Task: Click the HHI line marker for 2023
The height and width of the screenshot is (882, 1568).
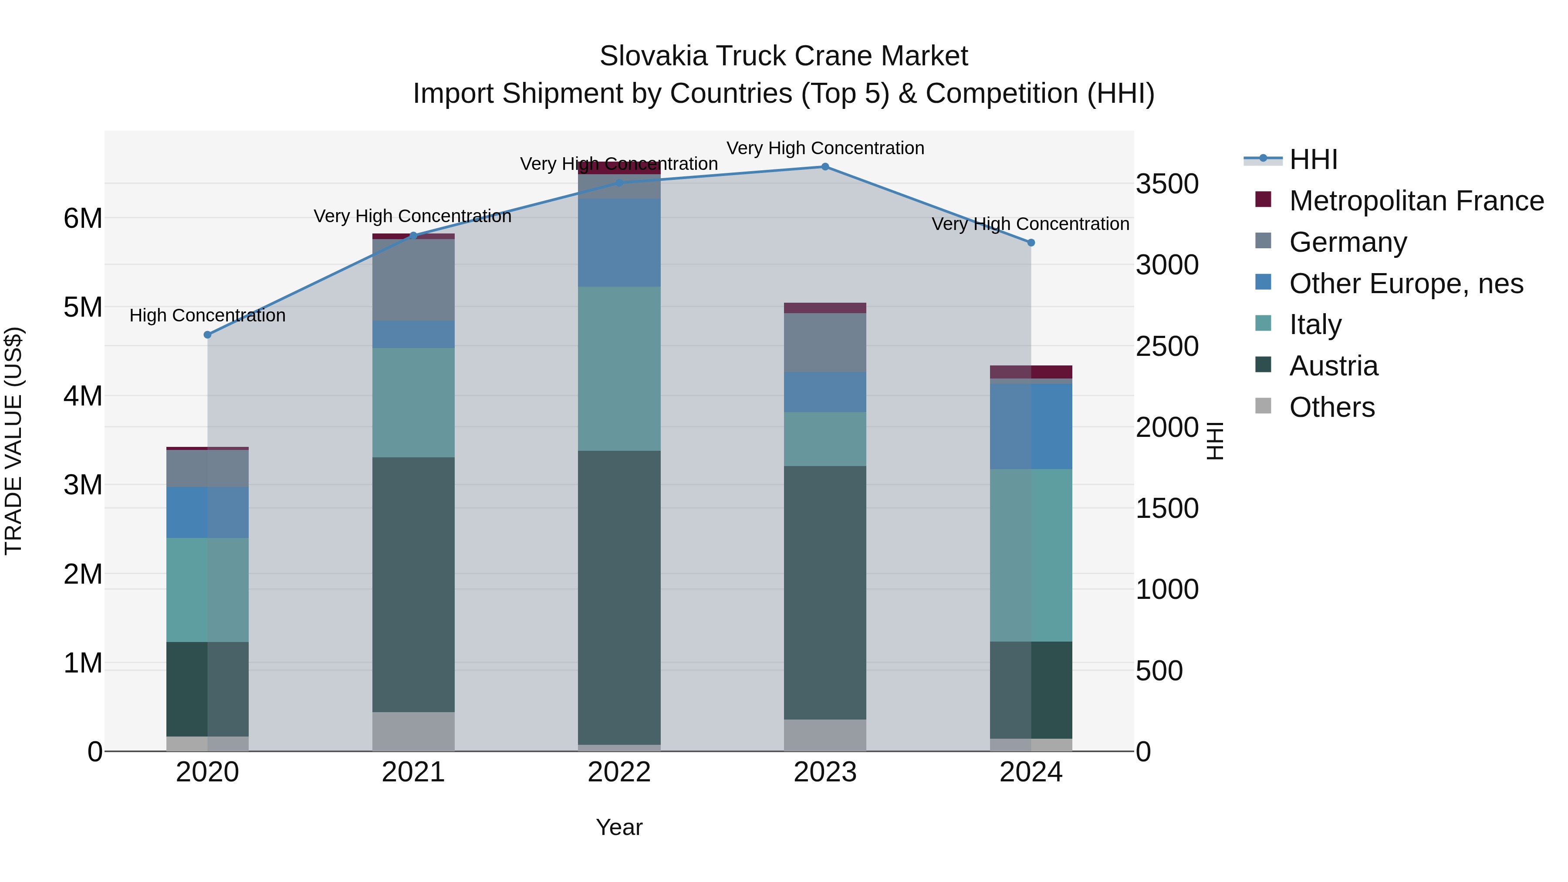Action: click(x=825, y=167)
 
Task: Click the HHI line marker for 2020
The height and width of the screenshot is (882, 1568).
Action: click(x=208, y=335)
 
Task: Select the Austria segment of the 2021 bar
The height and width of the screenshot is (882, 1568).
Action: click(x=413, y=585)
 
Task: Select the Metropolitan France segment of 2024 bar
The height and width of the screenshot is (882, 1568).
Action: click(x=1031, y=372)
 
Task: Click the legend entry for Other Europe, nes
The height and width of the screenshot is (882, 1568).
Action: click(x=1406, y=284)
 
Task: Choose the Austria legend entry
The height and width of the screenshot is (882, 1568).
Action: click(x=1333, y=366)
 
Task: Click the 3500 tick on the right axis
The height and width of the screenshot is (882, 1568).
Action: click(x=1167, y=184)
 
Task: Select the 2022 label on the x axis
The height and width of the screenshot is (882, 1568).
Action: click(x=619, y=772)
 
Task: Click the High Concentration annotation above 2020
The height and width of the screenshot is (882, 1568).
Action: click(x=208, y=315)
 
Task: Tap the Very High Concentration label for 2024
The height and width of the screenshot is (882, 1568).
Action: click(x=1031, y=224)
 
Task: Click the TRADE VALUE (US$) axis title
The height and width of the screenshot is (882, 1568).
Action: click(x=14, y=441)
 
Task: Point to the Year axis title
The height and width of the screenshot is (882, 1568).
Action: click(x=619, y=827)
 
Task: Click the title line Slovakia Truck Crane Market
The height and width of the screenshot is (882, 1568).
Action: click(x=784, y=56)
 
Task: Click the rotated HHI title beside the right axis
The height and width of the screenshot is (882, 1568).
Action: click(x=1214, y=441)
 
